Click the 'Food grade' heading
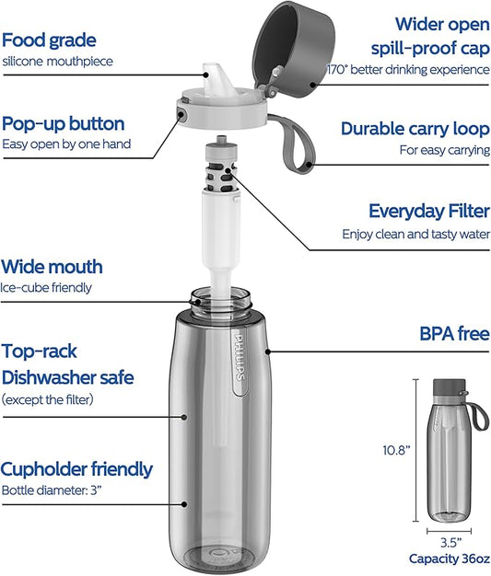(x=49, y=40)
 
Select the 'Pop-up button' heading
(x=64, y=124)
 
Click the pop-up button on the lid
(x=181, y=114)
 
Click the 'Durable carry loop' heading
(x=415, y=129)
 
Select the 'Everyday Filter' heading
(x=429, y=212)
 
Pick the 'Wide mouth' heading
(x=52, y=267)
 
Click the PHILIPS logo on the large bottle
(x=240, y=356)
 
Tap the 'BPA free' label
(x=454, y=334)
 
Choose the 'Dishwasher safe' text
(x=68, y=378)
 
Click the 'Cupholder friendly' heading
(x=76, y=469)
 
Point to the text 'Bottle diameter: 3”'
(x=51, y=490)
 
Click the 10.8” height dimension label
(x=396, y=450)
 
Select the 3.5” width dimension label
(x=450, y=543)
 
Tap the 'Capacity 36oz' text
(x=449, y=559)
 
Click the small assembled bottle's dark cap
(x=449, y=387)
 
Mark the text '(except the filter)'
(x=48, y=399)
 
